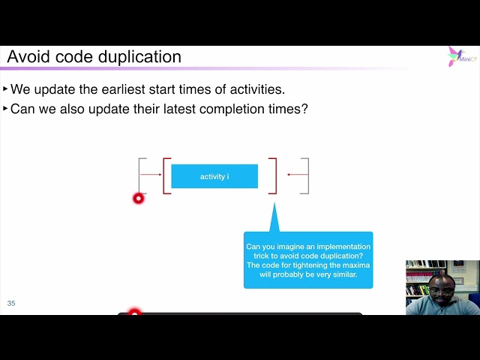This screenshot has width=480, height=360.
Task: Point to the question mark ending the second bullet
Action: (x=304, y=109)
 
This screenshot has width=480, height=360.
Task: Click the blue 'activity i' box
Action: (x=214, y=176)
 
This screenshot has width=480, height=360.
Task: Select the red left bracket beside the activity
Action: (x=166, y=176)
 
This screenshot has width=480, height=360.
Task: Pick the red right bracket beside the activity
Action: (x=274, y=176)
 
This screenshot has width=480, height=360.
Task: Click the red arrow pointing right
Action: (x=151, y=175)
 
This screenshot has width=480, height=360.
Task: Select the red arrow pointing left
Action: (x=297, y=175)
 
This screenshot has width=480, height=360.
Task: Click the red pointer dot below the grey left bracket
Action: (x=138, y=198)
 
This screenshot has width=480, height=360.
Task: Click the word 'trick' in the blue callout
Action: (x=258, y=256)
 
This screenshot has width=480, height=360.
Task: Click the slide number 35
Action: (x=11, y=303)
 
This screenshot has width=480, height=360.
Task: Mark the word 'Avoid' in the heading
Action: (x=27, y=57)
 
